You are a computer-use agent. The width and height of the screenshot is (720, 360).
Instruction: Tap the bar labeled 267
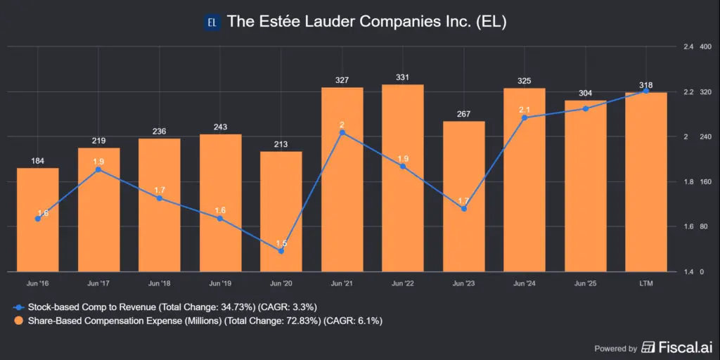coord(463,196)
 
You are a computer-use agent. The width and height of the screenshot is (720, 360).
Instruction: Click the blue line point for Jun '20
coord(281,251)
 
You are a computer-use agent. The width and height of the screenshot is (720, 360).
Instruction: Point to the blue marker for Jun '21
coord(342,132)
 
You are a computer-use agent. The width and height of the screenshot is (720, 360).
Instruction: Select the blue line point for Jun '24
coord(525,117)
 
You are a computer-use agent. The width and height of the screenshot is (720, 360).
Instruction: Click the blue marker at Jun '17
coord(98,169)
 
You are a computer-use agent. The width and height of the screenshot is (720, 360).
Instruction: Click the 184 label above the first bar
coord(37,161)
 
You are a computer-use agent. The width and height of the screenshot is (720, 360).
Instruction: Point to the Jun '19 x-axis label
coord(220,283)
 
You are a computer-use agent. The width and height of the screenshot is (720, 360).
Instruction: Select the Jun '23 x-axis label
coord(463,283)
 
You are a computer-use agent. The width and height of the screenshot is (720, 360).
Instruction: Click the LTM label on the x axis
coord(646,283)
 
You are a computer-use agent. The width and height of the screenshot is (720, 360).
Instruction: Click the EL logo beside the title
coord(213,22)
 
